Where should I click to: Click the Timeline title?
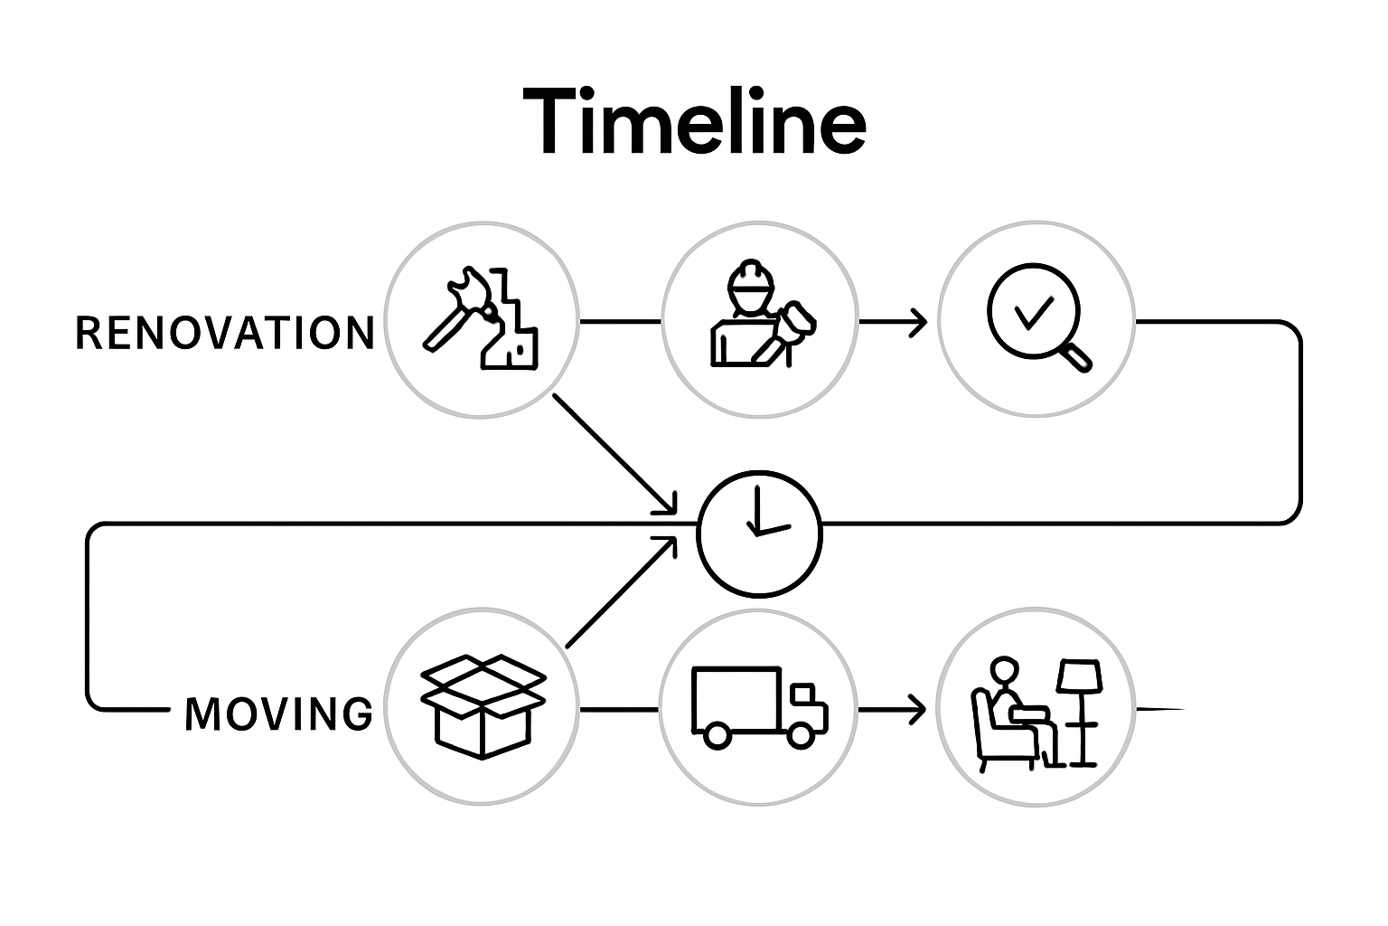(x=694, y=121)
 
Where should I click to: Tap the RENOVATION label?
(x=224, y=333)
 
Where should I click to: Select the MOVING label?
(x=278, y=713)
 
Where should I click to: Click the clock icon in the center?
(x=759, y=534)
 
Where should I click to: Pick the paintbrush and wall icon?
(x=481, y=319)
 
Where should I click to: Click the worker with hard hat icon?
(x=759, y=317)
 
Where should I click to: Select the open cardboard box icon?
(x=483, y=705)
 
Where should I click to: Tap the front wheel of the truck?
(x=801, y=735)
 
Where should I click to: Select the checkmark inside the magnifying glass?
(x=1033, y=313)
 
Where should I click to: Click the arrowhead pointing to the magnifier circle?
(x=919, y=322)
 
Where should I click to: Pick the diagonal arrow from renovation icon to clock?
(x=614, y=452)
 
